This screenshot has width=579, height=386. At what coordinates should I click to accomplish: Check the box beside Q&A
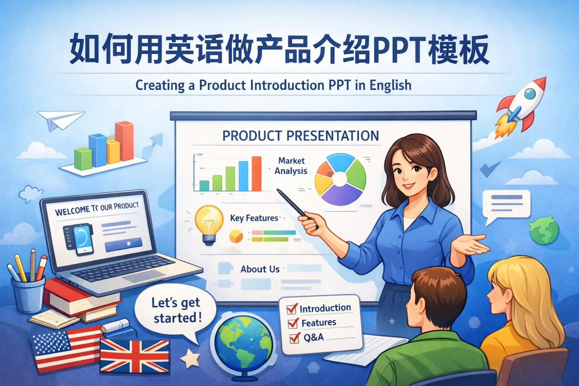pos(294,337)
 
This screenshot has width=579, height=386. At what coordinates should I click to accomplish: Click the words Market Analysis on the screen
pos(291,166)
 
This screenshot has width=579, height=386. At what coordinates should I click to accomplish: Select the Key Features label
pos(254,218)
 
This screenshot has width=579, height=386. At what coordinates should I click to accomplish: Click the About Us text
pos(260,269)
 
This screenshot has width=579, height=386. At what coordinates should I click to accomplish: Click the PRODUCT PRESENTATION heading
pos(300,136)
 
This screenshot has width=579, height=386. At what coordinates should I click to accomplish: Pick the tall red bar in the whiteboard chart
pos(256,173)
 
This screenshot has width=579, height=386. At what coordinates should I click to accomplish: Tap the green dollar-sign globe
pos(543,230)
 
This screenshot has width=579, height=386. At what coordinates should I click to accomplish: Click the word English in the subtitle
pos(390,85)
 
